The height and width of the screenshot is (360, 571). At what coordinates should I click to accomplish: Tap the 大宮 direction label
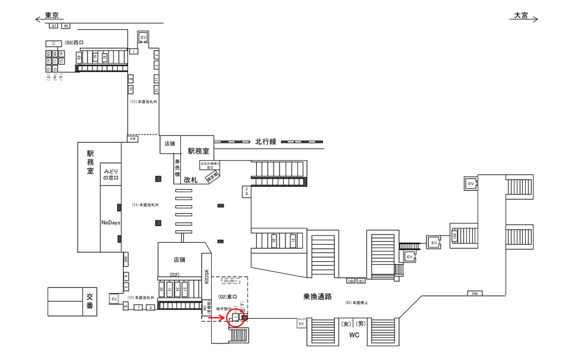click(x=521, y=16)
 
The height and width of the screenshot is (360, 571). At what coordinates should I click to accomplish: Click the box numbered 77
click(x=54, y=43)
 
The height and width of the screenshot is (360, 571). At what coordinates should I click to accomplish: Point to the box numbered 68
click(x=65, y=26)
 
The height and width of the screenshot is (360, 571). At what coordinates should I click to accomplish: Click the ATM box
click(x=133, y=139)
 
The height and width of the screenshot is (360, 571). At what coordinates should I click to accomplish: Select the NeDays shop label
click(x=111, y=221)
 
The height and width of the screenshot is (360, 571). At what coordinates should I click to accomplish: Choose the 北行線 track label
click(x=266, y=142)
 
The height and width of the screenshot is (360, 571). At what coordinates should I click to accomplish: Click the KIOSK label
click(x=207, y=274)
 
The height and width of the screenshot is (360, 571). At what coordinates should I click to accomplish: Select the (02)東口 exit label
click(x=228, y=296)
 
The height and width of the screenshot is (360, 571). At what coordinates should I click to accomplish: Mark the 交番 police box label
click(x=90, y=302)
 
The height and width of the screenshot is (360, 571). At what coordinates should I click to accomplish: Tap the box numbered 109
click(x=454, y=237)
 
